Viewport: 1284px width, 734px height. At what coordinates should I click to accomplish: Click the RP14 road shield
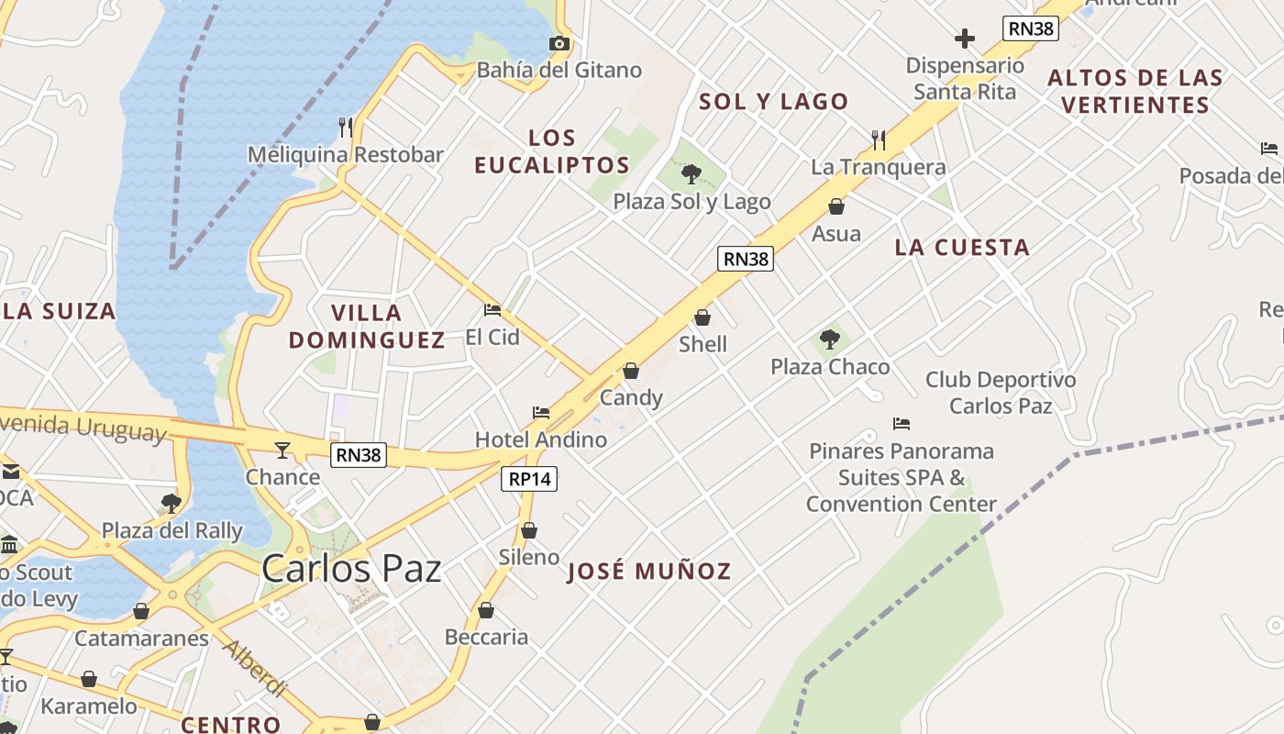coord(530,478)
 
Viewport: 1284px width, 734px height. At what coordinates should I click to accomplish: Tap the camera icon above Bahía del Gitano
coord(559,43)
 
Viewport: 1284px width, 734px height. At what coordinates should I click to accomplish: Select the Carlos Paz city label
coord(351,568)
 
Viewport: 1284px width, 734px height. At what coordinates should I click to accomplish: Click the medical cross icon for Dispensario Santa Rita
coord(964,39)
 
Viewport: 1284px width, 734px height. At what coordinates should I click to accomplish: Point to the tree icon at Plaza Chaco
coord(829,339)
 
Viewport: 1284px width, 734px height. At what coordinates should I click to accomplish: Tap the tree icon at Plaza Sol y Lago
coord(692,173)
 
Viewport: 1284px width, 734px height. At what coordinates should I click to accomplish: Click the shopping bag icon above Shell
coord(703,317)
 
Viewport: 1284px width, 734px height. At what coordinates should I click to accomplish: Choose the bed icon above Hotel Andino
coord(541,413)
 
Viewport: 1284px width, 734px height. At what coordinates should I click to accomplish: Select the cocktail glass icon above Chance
coord(282,450)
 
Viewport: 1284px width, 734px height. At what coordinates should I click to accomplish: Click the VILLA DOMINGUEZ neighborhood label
coord(367,326)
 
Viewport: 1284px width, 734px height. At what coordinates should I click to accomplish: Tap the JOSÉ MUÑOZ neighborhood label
coord(649,572)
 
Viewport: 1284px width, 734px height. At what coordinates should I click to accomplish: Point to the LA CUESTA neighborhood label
coord(962,247)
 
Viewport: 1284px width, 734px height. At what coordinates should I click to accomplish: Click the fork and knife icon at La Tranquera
coord(878,139)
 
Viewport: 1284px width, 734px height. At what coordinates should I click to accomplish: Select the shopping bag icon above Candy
coord(631,371)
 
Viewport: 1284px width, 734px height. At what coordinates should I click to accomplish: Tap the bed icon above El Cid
coord(493,310)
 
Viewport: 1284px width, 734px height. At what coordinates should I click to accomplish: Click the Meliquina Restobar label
coord(346,155)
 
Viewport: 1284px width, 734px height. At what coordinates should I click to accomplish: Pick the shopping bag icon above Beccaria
coord(486,610)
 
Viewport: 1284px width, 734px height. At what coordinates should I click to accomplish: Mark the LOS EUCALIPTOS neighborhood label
coord(552,151)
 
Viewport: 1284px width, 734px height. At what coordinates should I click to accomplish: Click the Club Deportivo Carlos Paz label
coord(1001,393)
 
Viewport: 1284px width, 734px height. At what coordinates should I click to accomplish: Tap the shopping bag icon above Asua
coord(836,206)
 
